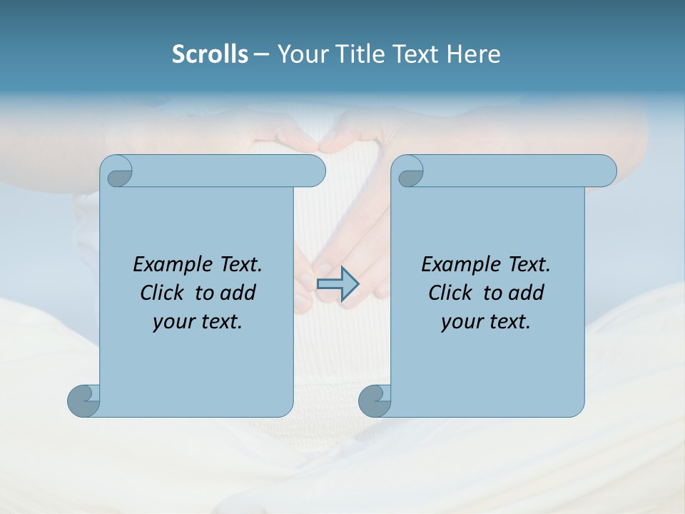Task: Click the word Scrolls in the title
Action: pyautogui.click(x=210, y=54)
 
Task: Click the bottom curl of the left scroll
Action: pyautogui.click(x=83, y=400)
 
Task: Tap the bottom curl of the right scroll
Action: pyautogui.click(x=374, y=400)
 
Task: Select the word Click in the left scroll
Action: pyautogui.click(x=161, y=293)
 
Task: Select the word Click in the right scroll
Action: pyautogui.click(x=450, y=293)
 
